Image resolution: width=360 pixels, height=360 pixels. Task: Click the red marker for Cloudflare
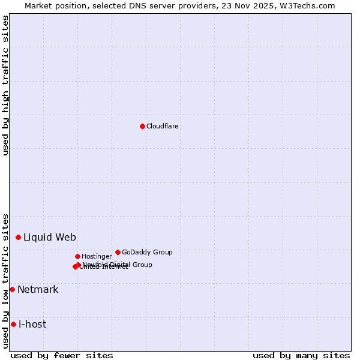pos(142,126)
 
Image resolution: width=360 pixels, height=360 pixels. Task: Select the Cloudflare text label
pos(163,126)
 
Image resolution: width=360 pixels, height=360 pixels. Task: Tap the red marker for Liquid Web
pos(18,237)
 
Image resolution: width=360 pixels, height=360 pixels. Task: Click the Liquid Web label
pos(50,237)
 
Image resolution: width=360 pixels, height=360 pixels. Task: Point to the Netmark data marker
pos(12,289)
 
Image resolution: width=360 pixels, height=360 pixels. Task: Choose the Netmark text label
pos(38,290)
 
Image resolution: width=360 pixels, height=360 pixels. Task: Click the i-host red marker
pos(13,324)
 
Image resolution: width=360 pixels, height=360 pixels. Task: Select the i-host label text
pos(32,325)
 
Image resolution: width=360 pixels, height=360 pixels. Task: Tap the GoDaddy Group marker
pos(118,252)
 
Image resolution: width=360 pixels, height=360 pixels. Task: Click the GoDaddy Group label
pos(147,252)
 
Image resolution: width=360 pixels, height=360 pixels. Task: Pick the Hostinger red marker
pos(77,256)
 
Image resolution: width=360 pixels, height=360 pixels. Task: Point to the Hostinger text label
pos(97,256)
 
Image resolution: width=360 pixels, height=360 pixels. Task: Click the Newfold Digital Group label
pos(118,264)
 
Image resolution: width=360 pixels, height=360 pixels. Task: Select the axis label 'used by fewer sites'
pos(62,355)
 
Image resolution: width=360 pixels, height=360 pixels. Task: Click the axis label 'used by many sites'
pos(301,355)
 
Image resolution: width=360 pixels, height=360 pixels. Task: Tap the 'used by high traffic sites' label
pos(6,85)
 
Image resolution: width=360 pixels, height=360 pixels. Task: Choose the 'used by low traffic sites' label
pos(6,281)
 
